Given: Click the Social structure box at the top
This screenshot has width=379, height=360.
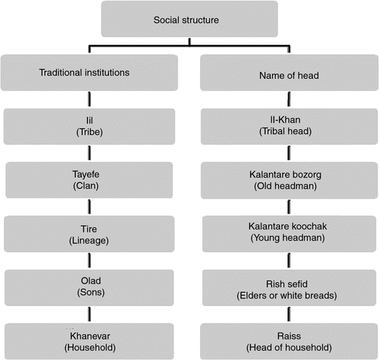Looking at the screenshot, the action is click(189, 19).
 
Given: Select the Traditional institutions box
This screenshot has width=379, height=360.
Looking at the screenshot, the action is click(89, 73).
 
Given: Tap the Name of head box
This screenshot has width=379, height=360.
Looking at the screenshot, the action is click(290, 73).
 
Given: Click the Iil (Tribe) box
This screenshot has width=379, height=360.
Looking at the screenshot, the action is click(89, 127).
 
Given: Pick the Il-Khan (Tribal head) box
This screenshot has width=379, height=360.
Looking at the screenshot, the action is click(290, 127).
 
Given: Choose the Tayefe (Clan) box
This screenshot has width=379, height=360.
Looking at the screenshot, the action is click(89, 180).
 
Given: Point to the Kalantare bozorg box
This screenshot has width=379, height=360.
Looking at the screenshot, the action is click(290, 180).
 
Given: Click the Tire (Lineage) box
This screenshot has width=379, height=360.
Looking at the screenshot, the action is click(89, 234).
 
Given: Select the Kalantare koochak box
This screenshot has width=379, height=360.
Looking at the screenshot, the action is click(290, 234).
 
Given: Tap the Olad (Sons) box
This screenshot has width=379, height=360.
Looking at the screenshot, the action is click(89, 288).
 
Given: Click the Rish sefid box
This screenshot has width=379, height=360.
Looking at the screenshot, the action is click(290, 288).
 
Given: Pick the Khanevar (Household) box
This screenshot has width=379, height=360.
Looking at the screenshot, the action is click(89, 341).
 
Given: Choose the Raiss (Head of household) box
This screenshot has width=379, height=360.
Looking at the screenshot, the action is click(290, 341).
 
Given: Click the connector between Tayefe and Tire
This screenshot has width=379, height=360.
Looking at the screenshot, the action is click(89, 207).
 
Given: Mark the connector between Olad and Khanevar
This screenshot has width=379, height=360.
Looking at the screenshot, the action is click(89, 315).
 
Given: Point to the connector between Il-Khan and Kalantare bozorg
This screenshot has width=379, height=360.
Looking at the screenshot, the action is click(289, 153).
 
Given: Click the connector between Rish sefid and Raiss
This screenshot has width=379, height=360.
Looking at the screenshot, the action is click(289, 315).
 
